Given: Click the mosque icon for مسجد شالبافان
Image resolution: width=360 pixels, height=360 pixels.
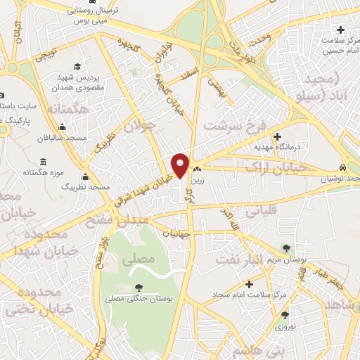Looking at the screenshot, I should point(63,127).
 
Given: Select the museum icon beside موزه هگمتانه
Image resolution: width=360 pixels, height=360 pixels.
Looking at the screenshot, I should point(15,160).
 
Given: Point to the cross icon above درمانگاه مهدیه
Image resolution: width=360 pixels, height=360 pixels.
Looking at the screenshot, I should point(278,136).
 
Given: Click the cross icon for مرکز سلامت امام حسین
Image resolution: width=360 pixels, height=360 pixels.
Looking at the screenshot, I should point(341,30).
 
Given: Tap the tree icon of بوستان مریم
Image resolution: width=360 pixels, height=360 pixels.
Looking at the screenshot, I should point(285,248).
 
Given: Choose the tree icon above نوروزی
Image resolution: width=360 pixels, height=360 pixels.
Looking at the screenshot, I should point(285,316).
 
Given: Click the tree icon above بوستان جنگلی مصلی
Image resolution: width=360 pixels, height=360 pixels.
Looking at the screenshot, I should point(138,288).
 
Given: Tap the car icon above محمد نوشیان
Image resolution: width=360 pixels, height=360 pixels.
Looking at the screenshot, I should point(342,169).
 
